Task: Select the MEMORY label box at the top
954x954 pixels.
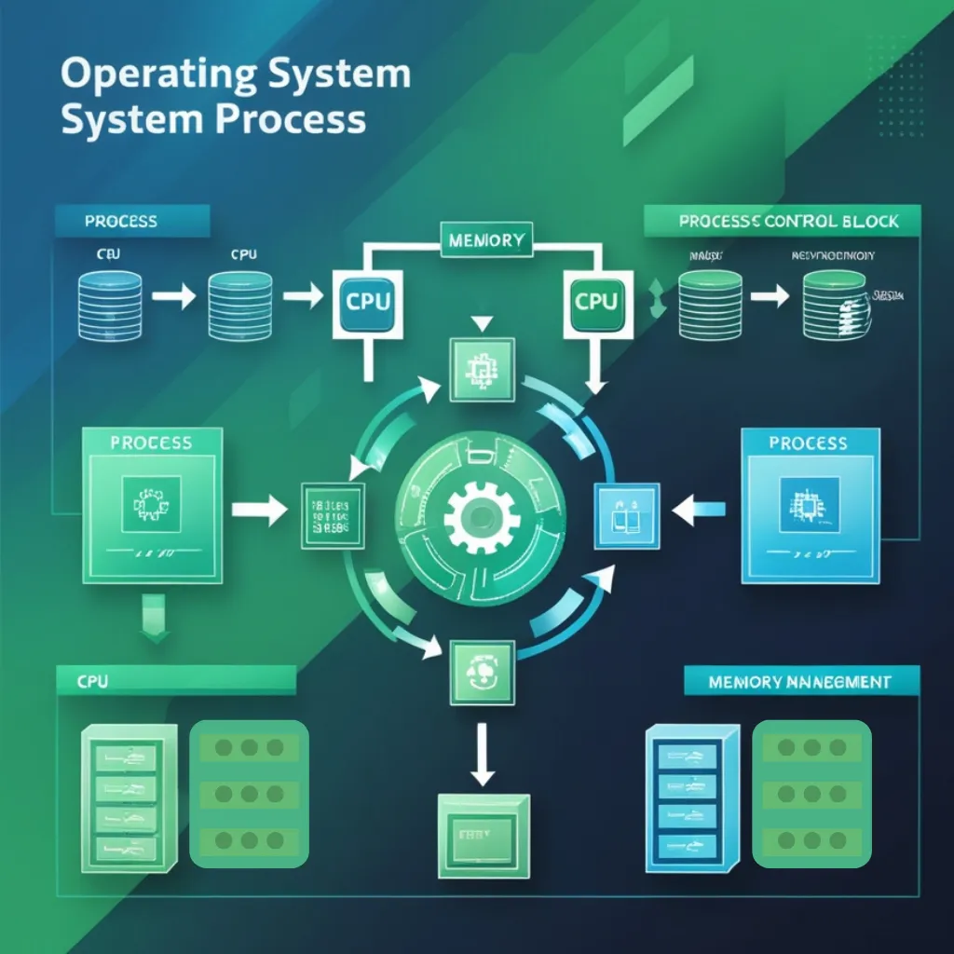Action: coord(485,239)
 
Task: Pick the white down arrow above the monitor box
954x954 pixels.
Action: coord(482,756)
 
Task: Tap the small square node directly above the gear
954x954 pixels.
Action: coord(481,370)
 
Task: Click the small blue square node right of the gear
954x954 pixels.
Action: coord(627,512)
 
